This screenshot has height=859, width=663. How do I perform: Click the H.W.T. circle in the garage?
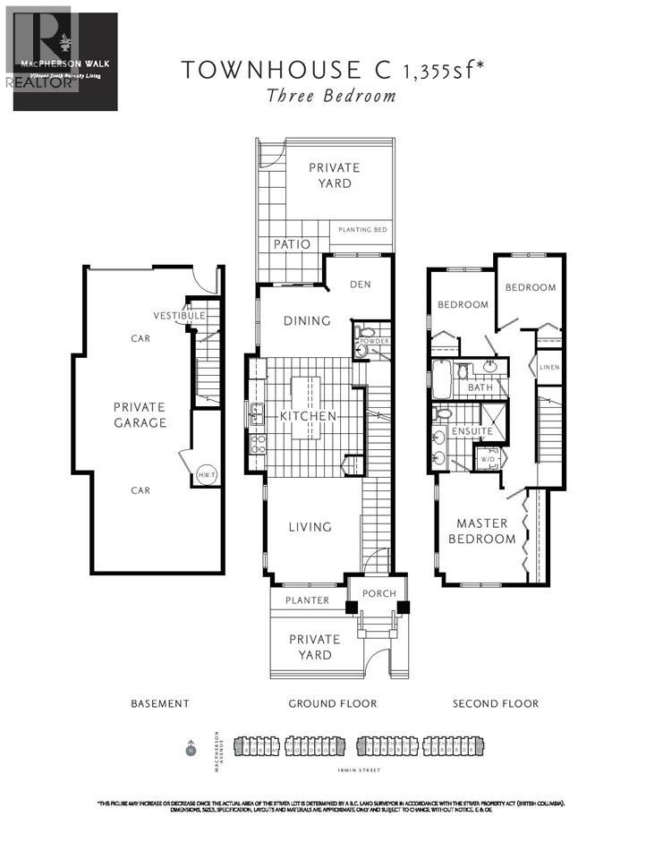(x=204, y=475)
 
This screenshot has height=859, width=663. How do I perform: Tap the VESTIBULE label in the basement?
(x=179, y=316)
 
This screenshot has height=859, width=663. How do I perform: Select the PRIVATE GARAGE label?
(x=140, y=414)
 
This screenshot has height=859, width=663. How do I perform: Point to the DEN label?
(x=360, y=285)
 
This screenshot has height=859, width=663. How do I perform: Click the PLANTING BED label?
(x=362, y=230)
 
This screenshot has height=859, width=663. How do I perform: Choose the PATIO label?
(x=292, y=243)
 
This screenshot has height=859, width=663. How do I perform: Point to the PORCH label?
(x=378, y=593)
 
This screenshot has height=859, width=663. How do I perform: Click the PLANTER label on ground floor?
(x=307, y=600)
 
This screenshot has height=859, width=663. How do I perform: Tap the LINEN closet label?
(x=549, y=367)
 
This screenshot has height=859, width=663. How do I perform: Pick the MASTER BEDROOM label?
(x=486, y=531)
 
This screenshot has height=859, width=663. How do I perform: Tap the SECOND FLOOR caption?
(x=496, y=703)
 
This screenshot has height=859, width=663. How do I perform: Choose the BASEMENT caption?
(x=159, y=703)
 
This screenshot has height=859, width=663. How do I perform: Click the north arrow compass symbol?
(x=190, y=748)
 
